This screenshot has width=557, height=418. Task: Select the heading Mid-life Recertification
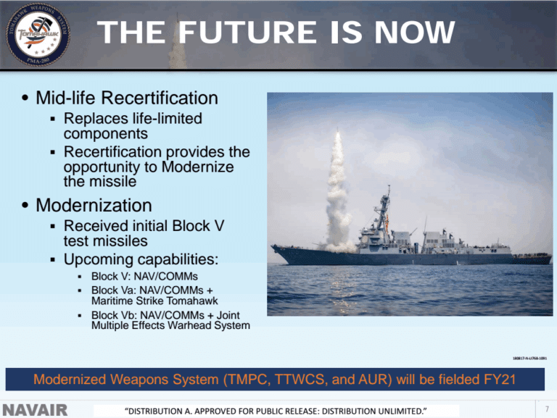(127, 97)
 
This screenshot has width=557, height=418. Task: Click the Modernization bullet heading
(94, 205)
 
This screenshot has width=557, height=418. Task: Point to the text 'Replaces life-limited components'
(132, 125)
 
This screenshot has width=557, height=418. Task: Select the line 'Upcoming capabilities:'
(141, 259)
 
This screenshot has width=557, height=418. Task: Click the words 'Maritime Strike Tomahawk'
(154, 301)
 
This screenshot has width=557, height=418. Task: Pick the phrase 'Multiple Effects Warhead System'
(170, 325)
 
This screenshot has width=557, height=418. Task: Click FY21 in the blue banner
(503, 379)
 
